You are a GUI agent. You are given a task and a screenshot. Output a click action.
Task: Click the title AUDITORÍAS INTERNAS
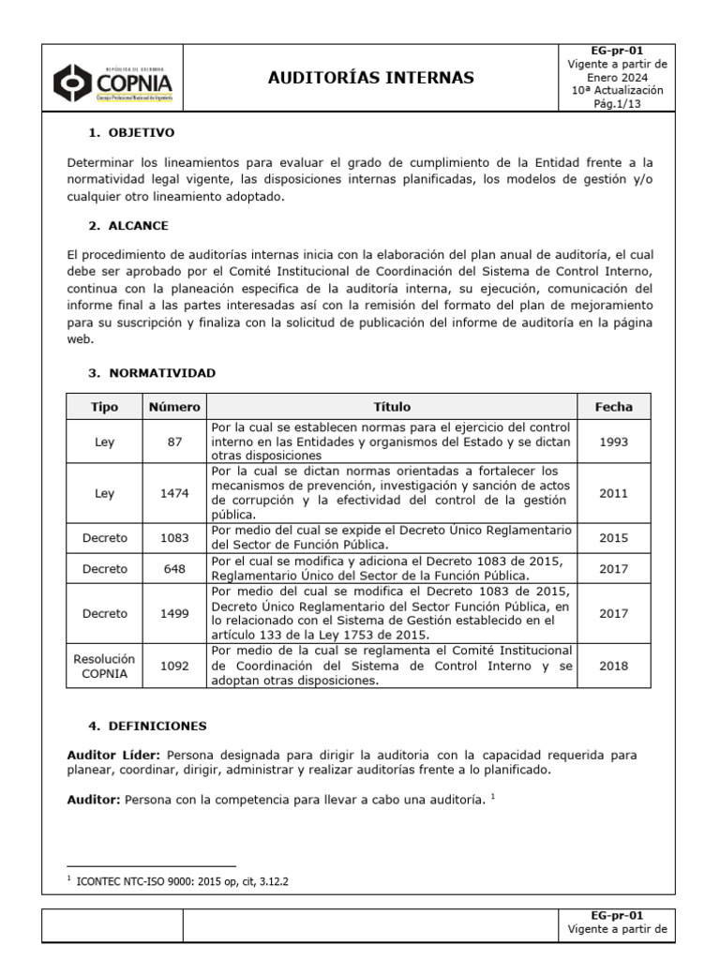(x=371, y=77)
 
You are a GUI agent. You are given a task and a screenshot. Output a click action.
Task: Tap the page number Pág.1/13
(x=617, y=104)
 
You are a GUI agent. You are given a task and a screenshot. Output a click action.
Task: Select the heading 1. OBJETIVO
(x=131, y=133)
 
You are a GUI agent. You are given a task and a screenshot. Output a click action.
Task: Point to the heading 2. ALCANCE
(x=128, y=226)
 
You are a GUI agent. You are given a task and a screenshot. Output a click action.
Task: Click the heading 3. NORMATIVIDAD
(x=152, y=372)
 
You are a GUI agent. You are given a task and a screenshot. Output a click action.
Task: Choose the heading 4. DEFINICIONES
(x=147, y=726)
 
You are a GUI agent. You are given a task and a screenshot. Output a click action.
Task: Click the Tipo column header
(x=104, y=407)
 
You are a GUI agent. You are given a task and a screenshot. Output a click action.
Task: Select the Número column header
(x=174, y=407)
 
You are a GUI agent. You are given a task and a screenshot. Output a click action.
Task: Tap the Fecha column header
(x=613, y=407)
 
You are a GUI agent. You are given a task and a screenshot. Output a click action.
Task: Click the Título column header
(x=392, y=407)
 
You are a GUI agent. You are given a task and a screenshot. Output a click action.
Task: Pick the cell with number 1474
(x=174, y=493)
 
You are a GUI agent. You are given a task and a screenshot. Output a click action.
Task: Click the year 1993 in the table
(x=613, y=441)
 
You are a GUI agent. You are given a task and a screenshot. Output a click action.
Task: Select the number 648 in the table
(x=174, y=568)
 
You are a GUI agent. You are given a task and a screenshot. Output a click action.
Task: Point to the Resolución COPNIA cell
(x=104, y=666)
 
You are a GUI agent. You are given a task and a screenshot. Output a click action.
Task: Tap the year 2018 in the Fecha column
(x=613, y=666)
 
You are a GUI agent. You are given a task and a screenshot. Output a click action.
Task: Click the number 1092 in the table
(x=174, y=666)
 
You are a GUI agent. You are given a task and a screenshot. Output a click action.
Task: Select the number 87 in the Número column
(x=174, y=441)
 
